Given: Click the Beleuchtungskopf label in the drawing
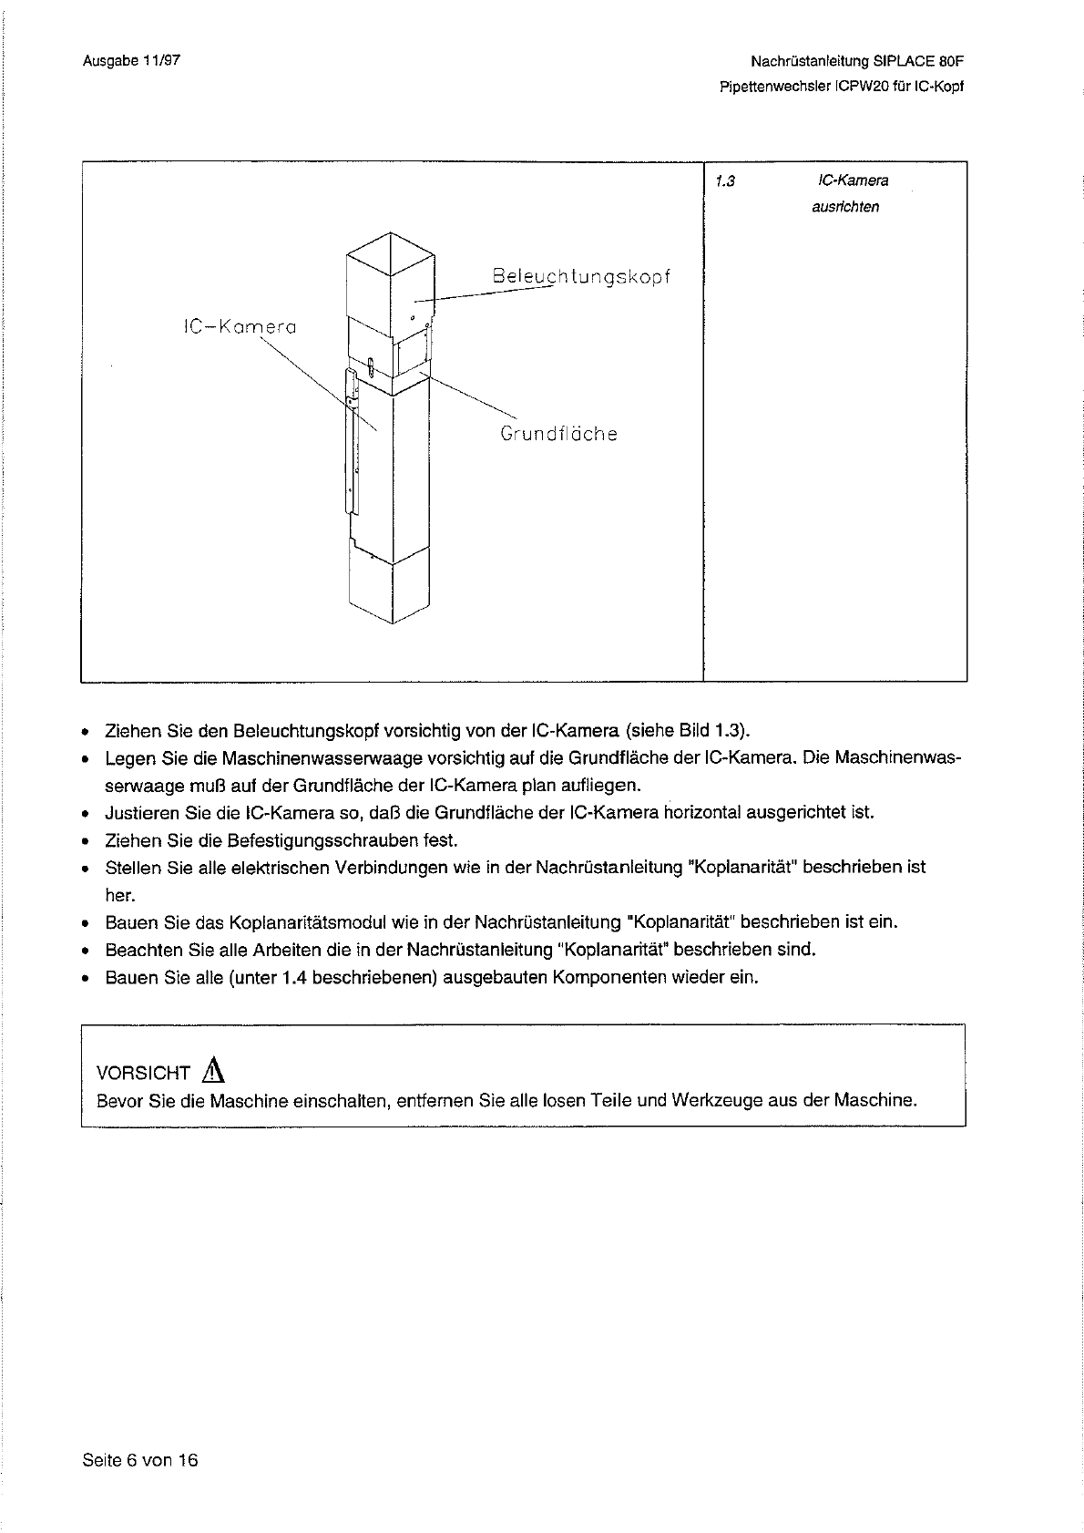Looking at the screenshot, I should coord(581,276).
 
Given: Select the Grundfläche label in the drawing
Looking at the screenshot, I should coord(558,434).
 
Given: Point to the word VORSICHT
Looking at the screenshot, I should coord(143,1074).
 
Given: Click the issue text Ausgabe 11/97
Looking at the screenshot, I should coord(131,61).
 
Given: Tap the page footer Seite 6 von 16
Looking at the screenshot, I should coord(139,1460).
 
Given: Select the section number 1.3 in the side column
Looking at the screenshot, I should coord(724,180).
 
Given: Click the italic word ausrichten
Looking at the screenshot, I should coord(844,207).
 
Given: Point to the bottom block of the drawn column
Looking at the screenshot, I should coord(389,588).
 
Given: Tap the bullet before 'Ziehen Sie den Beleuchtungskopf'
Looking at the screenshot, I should coord(85,732).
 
